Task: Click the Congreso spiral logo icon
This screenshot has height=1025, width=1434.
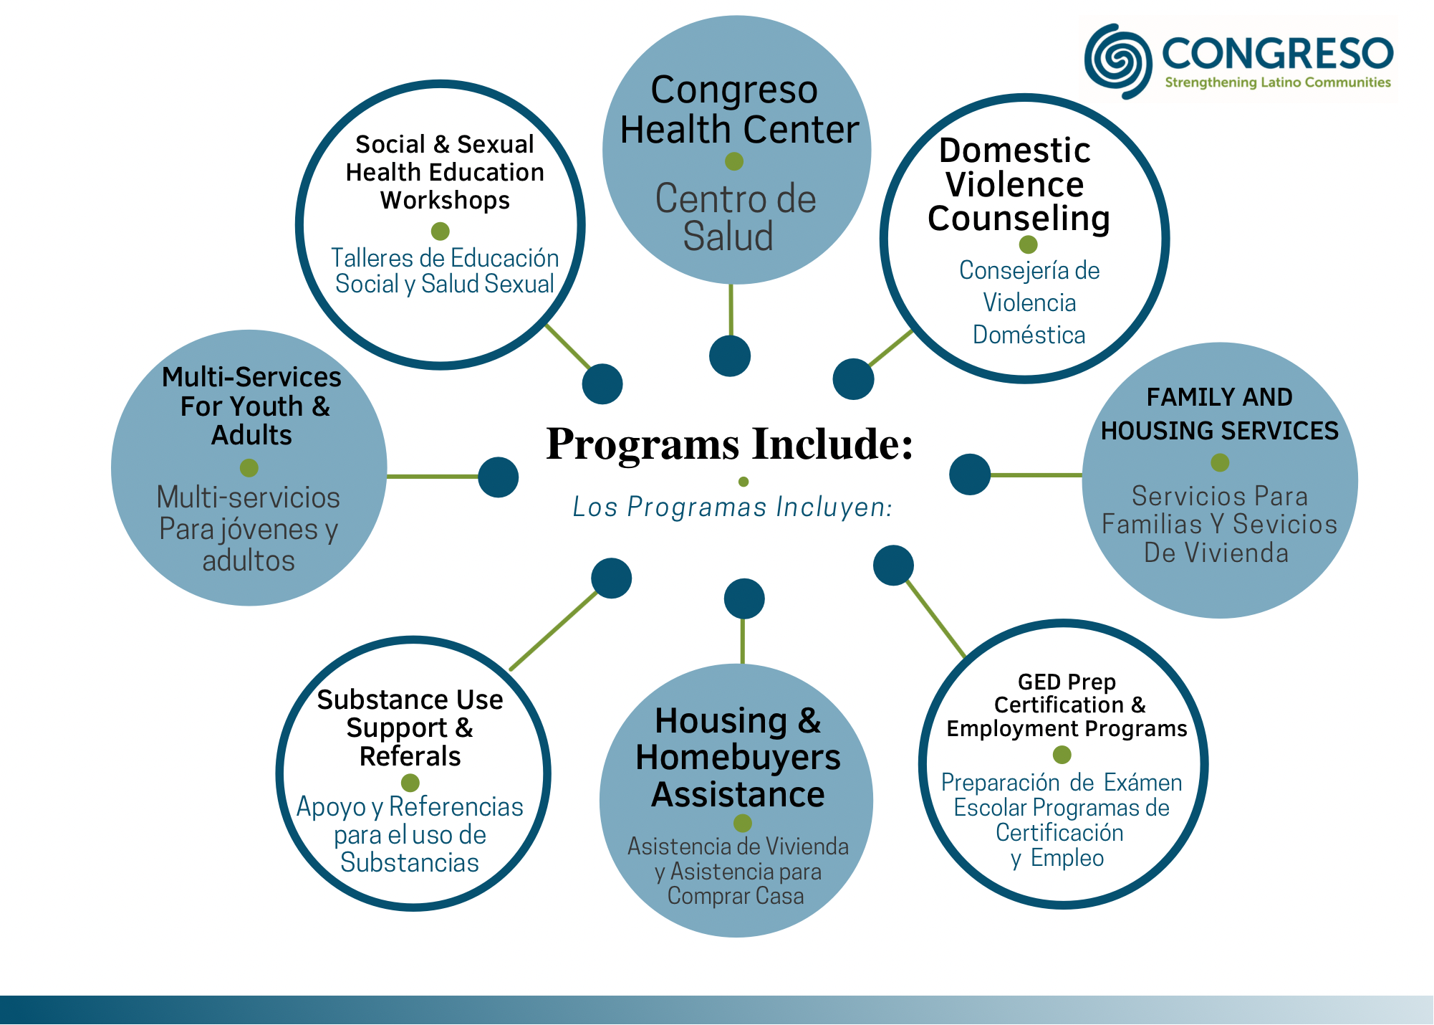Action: [1118, 61]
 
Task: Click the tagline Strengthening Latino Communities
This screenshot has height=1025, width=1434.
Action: [1278, 82]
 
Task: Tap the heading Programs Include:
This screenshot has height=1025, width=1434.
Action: [730, 444]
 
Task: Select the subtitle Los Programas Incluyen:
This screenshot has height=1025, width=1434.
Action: [732, 507]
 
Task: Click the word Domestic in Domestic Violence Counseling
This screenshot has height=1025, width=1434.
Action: [1014, 151]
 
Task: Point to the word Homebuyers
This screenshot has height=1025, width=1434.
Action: [738, 758]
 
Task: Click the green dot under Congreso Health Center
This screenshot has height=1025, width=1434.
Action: [734, 161]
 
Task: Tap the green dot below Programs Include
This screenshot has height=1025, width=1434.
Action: [744, 482]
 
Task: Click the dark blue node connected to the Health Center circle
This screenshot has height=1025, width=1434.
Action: [730, 356]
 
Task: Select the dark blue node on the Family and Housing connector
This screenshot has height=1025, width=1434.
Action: [970, 475]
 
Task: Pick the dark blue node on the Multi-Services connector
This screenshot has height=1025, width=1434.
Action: [499, 477]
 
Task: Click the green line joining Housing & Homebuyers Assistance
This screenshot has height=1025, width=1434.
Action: [742, 642]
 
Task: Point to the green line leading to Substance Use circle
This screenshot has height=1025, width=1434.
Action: [554, 631]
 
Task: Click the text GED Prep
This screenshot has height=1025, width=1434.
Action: [1067, 682]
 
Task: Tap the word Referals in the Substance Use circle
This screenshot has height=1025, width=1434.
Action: [410, 756]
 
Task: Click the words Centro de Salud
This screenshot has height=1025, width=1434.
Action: [735, 217]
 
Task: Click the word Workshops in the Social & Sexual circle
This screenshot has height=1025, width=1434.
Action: [445, 201]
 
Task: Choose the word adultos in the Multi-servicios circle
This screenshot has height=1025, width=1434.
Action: [249, 561]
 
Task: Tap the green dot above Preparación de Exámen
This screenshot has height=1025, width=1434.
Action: [1062, 755]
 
